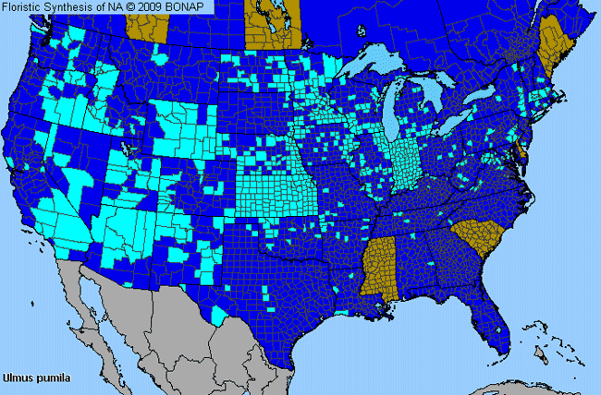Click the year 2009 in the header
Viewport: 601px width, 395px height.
155,7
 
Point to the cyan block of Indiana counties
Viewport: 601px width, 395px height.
405,162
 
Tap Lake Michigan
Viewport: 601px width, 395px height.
398,111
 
